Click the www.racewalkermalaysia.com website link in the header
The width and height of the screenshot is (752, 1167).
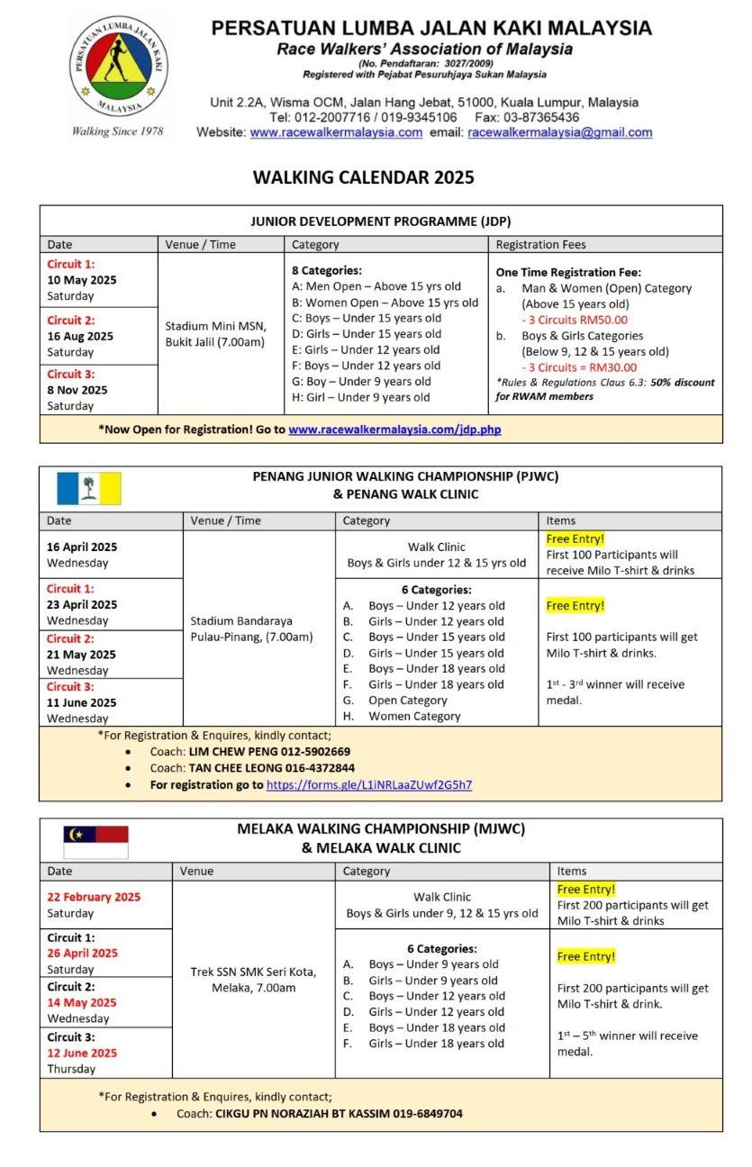coord(336,132)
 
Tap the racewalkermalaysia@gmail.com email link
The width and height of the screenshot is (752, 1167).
coord(560,132)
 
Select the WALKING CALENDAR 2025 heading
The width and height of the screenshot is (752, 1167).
coord(363,177)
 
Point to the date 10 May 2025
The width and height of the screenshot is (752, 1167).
coord(82,280)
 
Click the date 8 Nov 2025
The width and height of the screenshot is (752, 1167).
coord(77,390)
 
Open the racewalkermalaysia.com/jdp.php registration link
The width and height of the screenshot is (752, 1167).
coord(394,430)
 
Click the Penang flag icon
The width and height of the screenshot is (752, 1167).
coord(89,488)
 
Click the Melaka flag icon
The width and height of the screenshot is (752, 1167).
coord(95,841)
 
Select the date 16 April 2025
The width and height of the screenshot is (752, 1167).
coord(82,547)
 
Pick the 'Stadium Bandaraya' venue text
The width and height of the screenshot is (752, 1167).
coord(234,620)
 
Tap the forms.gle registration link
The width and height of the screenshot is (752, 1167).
coord(368,784)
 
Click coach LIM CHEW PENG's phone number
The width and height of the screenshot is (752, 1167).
coord(314,751)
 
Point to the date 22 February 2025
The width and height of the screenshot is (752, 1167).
coord(94,897)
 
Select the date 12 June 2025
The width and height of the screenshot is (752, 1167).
coord(82,1053)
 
